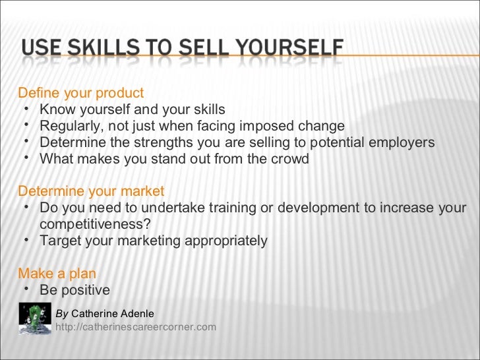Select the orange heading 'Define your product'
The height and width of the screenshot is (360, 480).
coord(80,93)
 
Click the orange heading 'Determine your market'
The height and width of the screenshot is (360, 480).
coord(91,191)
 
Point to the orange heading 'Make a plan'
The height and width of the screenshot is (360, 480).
coord(57,274)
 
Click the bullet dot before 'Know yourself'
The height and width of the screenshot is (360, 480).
coord(24,108)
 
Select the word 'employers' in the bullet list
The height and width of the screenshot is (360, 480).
coord(403,142)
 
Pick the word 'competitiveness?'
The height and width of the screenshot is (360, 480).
coord(95,224)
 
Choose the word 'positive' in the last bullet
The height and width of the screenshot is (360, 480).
coord(85,290)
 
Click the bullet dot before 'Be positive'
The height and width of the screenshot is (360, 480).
coord(24,289)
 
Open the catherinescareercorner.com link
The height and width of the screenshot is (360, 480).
coord(136,326)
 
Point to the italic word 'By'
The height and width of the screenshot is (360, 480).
coord(61,314)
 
